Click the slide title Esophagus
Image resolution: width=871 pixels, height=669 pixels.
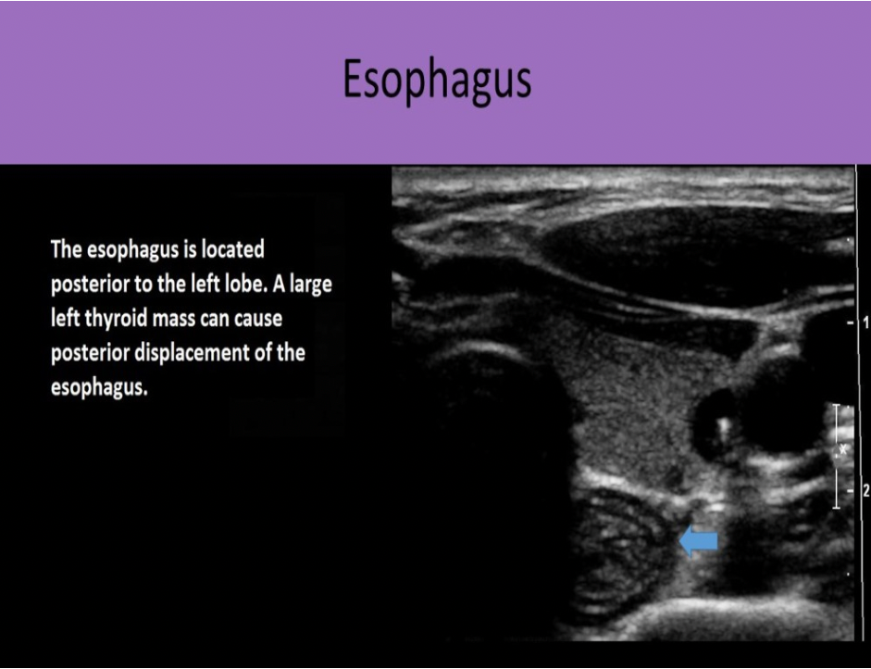pos(437,81)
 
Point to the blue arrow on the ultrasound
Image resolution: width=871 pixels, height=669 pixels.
pos(698,542)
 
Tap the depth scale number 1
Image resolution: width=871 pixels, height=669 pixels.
pos(865,323)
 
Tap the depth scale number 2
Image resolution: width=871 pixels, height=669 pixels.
pos(865,490)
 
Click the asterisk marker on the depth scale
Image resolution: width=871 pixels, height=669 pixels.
pos(841,450)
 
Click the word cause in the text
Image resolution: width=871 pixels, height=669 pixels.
pos(255,320)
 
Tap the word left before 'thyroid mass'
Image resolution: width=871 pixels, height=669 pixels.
pos(66,320)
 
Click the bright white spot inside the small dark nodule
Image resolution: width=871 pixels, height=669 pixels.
pos(724,429)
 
